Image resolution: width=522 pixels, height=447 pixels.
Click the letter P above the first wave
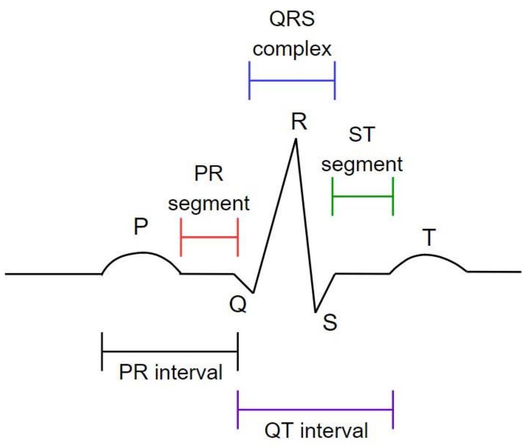tap(141, 228)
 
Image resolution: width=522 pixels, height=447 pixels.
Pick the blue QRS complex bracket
tap(292, 81)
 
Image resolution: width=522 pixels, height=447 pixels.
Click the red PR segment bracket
tap(209, 237)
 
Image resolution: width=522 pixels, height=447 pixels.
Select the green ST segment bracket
tap(363, 197)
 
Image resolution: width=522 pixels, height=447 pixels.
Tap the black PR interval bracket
tap(170, 351)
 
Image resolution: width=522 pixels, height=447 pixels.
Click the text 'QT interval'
tap(316, 430)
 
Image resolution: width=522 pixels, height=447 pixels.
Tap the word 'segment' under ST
tap(362, 165)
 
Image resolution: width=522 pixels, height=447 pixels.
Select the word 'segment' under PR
tap(209, 204)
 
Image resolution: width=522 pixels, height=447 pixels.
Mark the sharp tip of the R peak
tap(296, 140)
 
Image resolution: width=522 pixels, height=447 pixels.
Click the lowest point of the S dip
tap(316, 311)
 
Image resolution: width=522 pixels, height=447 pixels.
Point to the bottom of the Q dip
tap(253, 293)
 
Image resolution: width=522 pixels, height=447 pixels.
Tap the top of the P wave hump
tap(142, 253)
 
